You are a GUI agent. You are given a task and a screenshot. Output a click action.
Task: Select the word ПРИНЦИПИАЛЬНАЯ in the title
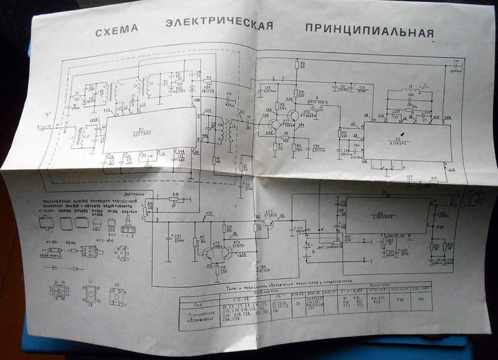point(369,30)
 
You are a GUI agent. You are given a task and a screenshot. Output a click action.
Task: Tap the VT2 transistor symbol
point(293,116)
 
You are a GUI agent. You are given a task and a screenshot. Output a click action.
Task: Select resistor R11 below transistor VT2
point(294,147)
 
